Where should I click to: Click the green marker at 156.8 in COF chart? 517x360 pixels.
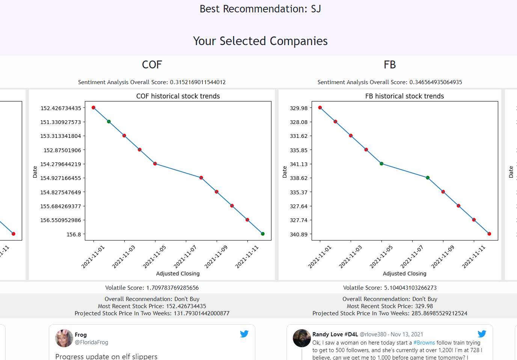click(263, 234)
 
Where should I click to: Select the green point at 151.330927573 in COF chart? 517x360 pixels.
click(109, 121)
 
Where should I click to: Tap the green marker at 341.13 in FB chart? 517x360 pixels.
click(381, 163)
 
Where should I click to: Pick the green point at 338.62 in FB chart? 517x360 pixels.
click(428, 178)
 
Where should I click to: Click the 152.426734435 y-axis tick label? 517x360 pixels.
click(61, 108)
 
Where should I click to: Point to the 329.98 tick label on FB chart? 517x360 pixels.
click(298, 108)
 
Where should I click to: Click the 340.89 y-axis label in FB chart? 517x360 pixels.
click(298, 234)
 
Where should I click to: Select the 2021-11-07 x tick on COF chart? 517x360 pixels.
click(185, 257)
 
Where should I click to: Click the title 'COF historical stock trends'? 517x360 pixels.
click(178, 96)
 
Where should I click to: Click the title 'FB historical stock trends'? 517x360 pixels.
click(404, 96)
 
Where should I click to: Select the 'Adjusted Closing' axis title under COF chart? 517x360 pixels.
click(178, 274)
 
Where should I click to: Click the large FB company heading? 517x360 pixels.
click(390, 65)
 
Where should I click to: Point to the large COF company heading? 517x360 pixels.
click(152, 65)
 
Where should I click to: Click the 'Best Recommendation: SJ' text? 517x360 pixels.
click(260, 9)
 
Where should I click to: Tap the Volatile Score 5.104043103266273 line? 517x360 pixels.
click(390, 288)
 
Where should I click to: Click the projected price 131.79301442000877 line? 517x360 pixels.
click(152, 313)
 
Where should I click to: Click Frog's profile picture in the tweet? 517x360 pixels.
click(64, 338)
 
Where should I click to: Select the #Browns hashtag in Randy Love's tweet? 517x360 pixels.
click(424, 343)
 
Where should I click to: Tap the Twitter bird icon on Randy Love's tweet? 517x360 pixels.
click(482, 334)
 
